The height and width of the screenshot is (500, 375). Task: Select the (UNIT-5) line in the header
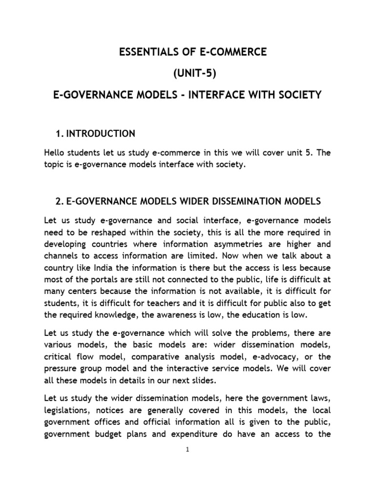tap(187, 73)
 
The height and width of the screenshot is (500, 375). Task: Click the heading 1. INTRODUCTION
tap(96, 133)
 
